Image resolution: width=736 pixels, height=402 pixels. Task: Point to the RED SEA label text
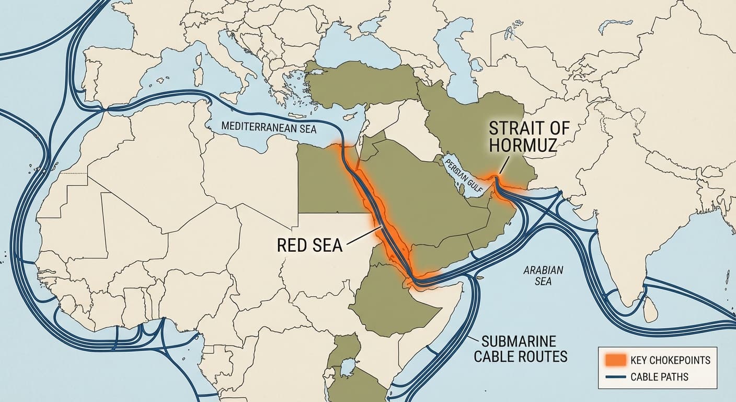pos(309,244)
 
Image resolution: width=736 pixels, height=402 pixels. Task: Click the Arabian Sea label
pos(543,275)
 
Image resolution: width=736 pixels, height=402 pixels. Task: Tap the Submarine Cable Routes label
pos(520,350)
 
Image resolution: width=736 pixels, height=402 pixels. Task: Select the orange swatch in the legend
pos(615,360)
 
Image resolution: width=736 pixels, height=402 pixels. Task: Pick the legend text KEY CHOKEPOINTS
pos(670,360)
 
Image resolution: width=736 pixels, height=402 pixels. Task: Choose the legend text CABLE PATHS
pos(659,377)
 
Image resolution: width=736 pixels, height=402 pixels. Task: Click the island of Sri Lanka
pos(649,311)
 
